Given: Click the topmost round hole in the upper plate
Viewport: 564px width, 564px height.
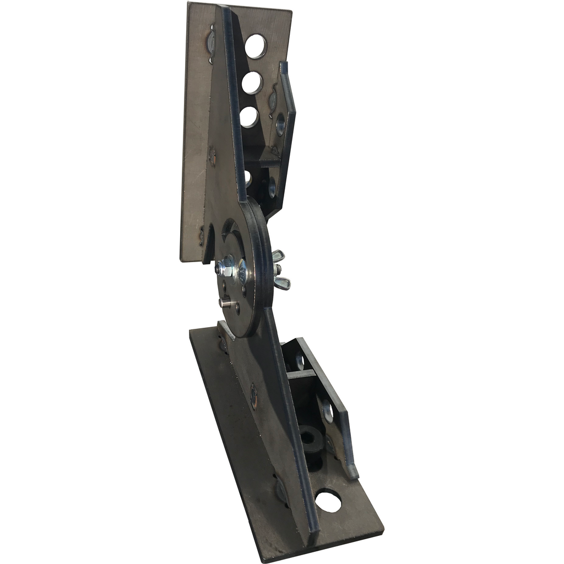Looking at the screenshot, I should [x=256, y=46].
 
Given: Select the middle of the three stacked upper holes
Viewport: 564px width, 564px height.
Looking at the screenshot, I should [x=252, y=83].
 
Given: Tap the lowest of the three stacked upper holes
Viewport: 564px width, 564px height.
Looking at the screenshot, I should [x=249, y=117].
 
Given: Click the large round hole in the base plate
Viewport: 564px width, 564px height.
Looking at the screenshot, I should [x=328, y=501].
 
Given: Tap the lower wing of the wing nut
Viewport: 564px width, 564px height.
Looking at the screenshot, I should [x=281, y=283].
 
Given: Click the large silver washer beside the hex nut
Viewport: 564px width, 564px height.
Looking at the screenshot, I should [x=242, y=272].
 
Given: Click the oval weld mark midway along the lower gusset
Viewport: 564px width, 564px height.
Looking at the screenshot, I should [x=253, y=396].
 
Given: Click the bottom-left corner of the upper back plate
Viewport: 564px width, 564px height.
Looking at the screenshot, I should [x=182, y=260].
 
